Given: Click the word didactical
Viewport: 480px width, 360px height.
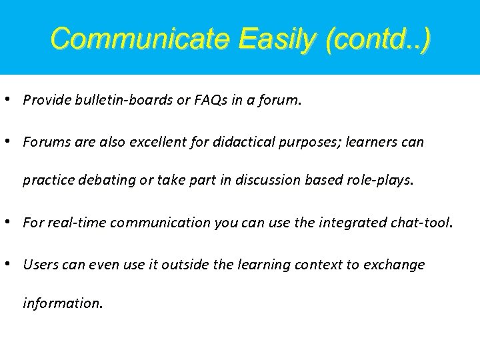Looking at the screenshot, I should click(247, 142).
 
